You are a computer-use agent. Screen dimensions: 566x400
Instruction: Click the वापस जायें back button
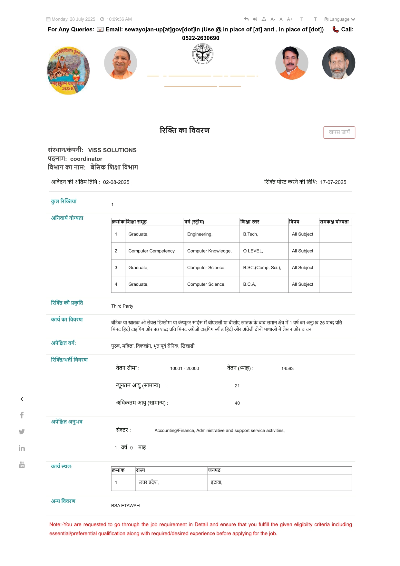point(339,132)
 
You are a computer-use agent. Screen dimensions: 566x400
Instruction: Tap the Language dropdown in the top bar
point(340,19)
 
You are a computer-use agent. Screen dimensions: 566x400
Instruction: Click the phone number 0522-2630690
point(200,38)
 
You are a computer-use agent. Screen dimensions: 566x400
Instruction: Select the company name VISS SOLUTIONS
point(112,150)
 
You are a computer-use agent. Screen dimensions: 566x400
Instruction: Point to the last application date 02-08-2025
point(116,182)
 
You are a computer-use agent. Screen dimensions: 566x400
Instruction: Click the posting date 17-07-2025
point(333,182)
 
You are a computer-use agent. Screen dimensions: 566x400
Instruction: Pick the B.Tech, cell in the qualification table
point(250,234)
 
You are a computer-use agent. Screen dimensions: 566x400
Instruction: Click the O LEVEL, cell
point(253,251)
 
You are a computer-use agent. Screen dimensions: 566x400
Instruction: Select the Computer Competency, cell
point(152,251)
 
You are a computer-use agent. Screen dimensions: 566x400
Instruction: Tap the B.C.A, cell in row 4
point(249,284)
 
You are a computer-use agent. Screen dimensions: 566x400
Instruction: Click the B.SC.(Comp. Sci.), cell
point(262,268)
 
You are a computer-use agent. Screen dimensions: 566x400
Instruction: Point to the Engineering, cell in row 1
point(200,234)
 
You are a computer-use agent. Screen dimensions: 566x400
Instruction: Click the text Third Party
point(122,306)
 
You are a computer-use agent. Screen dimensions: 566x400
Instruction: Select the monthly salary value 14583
point(287,368)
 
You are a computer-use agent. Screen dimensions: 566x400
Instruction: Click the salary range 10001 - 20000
point(184,368)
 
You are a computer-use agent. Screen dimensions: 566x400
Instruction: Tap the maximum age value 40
point(237,403)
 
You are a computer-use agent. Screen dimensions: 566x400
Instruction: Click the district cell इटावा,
point(217,482)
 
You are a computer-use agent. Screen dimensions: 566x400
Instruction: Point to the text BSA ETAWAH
point(125,506)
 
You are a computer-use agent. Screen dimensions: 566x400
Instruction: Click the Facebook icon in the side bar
point(22,415)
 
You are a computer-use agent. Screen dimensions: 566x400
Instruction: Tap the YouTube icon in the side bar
point(22,464)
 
